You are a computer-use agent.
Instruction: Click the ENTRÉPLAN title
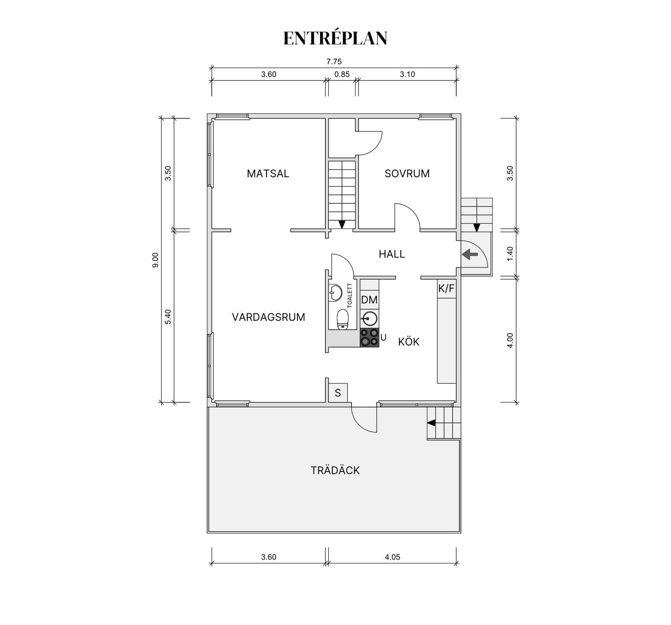tap(335, 38)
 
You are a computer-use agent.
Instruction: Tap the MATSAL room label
tap(268, 173)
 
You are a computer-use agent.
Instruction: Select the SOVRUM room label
tap(407, 173)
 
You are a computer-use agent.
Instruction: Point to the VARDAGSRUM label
tap(268, 317)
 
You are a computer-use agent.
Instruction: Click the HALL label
tap(392, 254)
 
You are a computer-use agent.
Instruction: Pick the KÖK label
tap(409, 341)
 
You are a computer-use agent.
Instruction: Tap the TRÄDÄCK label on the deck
tap(335, 470)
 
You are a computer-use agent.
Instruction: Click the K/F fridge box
tap(446, 289)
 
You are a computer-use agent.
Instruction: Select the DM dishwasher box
tap(369, 300)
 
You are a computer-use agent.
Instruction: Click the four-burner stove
tap(369, 338)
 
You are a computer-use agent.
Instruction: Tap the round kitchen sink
tap(369, 318)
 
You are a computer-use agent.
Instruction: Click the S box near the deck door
tap(338, 393)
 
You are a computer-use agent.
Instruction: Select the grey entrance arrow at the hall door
tap(470, 254)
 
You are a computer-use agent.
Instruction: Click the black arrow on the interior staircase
tap(342, 225)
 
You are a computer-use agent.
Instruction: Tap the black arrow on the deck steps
tap(431, 423)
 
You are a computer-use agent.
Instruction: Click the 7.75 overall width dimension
tap(334, 62)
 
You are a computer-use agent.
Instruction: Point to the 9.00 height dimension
tap(156, 260)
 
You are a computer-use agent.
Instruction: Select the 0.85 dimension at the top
tap(342, 74)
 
